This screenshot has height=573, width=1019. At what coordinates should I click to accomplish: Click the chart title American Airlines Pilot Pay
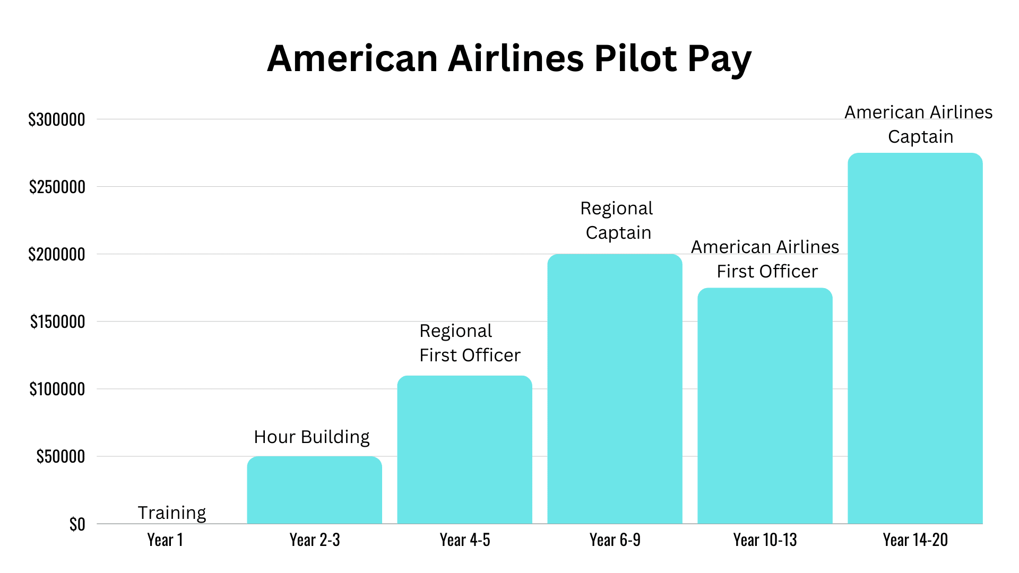(x=509, y=58)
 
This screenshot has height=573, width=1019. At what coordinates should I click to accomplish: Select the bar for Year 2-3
(x=314, y=490)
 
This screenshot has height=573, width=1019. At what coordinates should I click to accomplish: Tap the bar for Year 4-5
(x=464, y=450)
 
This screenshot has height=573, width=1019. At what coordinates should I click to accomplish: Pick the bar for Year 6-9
(x=615, y=389)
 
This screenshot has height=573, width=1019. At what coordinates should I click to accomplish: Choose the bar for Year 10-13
(x=765, y=406)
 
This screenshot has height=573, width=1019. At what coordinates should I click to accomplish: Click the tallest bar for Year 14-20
(x=915, y=338)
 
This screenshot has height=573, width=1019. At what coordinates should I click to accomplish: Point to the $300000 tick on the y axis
(x=57, y=120)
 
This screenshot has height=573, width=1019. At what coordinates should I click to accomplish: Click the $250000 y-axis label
(x=57, y=187)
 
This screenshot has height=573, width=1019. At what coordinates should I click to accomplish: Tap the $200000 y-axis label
(x=57, y=255)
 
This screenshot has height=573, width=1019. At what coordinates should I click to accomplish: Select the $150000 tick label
(x=57, y=322)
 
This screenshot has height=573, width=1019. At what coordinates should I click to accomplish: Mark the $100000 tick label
(x=57, y=389)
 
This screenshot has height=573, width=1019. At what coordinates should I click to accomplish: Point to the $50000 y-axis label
(x=61, y=457)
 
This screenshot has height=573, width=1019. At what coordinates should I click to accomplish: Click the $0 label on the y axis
(x=77, y=524)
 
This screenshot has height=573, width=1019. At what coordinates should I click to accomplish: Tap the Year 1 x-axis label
(x=165, y=540)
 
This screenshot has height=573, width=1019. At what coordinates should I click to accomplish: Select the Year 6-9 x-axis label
(x=615, y=540)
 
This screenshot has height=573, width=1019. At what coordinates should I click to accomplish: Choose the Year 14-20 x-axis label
(x=915, y=540)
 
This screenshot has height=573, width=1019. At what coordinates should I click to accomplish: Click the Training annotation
(x=172, y=513)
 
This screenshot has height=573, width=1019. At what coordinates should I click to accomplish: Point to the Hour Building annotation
(x=312, y=437)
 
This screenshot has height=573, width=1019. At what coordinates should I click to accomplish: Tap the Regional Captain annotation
(x=617, y=221)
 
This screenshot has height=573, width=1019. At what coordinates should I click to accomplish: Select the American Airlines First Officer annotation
(x=765, y=259)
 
